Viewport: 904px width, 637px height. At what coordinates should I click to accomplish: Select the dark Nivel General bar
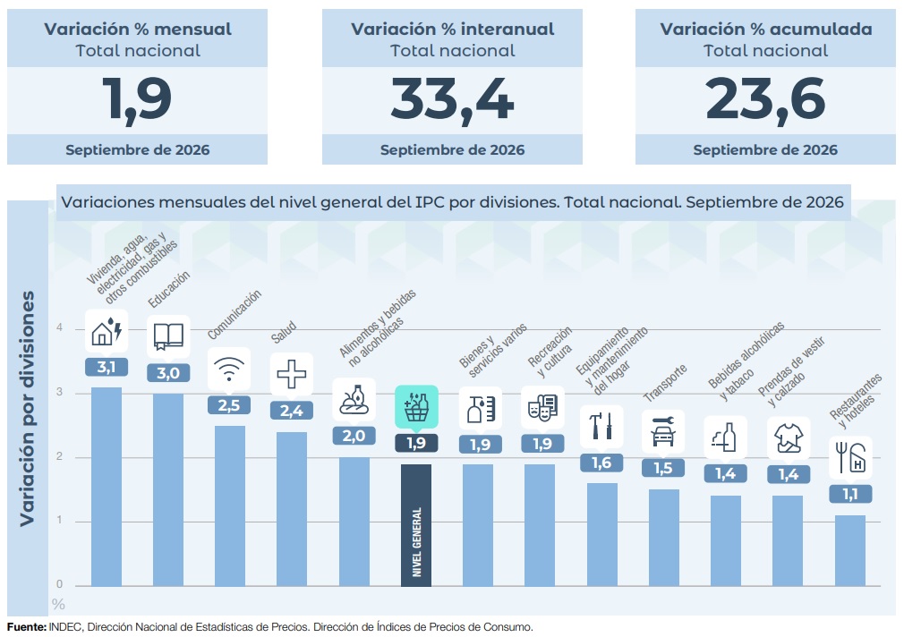point(416,525)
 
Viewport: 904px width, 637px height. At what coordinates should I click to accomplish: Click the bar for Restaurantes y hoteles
point(850,550)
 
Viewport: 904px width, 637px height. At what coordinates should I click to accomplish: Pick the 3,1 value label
point(107,367)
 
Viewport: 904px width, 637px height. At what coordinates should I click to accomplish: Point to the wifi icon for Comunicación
point(229,369)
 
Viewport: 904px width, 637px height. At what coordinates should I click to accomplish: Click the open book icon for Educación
point(168,336)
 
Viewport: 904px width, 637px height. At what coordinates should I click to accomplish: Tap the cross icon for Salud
point(292,374)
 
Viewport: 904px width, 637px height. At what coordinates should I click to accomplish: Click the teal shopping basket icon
point(416,407)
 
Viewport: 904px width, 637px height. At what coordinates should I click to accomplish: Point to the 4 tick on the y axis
point(59,328)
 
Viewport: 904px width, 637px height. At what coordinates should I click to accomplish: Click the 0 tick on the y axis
point(59,584)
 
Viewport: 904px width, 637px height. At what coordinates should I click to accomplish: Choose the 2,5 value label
point(229,405)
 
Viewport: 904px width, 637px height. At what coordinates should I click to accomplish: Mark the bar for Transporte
point(663,538)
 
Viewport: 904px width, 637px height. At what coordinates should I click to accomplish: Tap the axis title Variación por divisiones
point(27,408)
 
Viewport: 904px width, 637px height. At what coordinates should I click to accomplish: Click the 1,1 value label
point(850,494)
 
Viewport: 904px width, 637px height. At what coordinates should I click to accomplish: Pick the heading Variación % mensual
point(138,29)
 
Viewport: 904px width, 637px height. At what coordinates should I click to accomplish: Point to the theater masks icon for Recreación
point(542,408)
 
